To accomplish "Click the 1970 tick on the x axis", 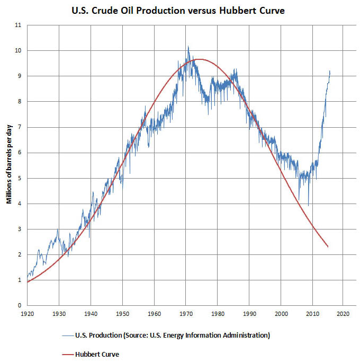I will [186, 314].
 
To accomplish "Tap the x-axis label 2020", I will [343, 314].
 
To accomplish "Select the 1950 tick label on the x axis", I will [122, 314].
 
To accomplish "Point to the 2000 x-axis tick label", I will [281, 314].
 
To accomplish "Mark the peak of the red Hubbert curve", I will [200, 59].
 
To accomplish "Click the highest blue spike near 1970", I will [187, 46].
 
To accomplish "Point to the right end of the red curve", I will [329, 247].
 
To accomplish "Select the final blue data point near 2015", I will [330, 71].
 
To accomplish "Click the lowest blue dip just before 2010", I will [309, 206].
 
